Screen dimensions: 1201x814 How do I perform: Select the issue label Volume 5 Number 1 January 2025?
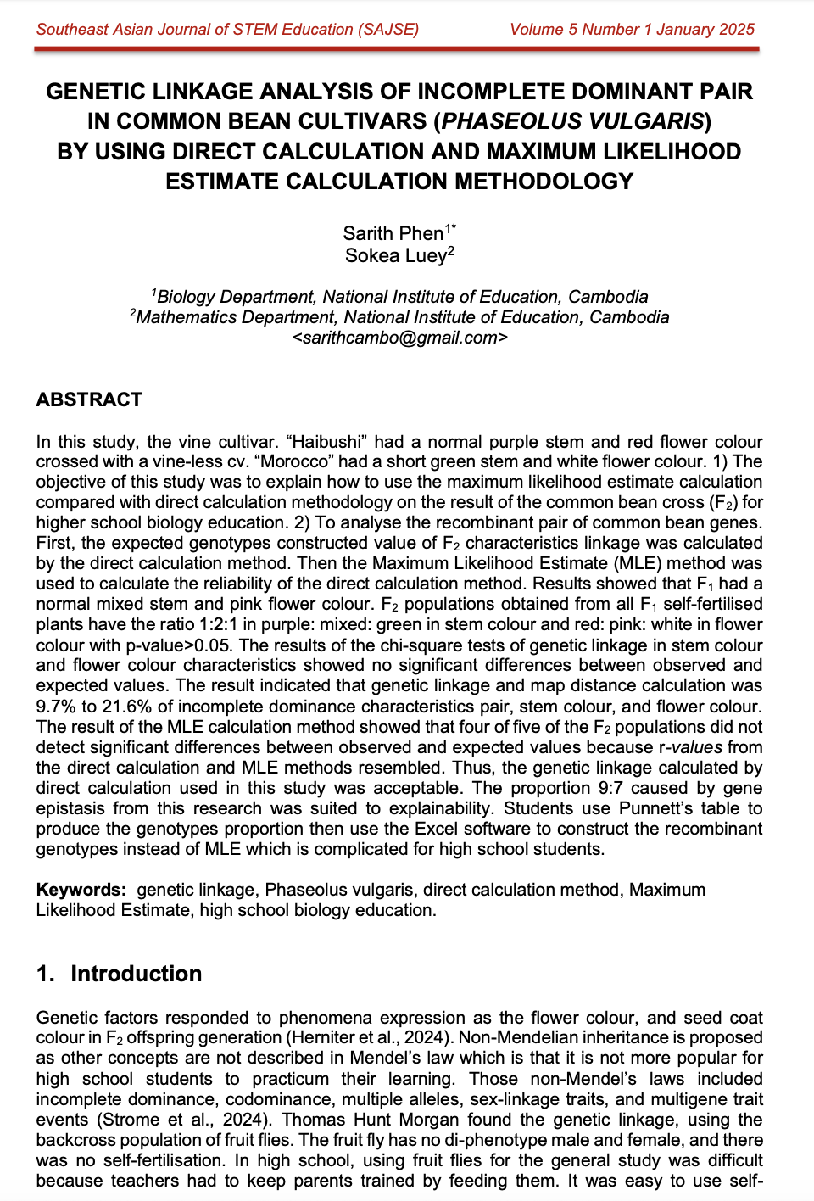[632, 30]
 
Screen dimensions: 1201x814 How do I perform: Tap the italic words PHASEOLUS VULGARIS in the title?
[572, 121]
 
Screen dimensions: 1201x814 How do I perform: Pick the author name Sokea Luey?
[395, 255]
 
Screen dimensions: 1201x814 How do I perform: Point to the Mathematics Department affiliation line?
[399, 317]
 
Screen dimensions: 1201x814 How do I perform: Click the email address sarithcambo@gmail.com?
[399, 338]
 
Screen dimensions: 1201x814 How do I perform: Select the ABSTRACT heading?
[89, 399]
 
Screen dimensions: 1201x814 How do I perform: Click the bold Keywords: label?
[81, 890]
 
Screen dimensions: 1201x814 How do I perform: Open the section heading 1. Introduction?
[119, 974]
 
